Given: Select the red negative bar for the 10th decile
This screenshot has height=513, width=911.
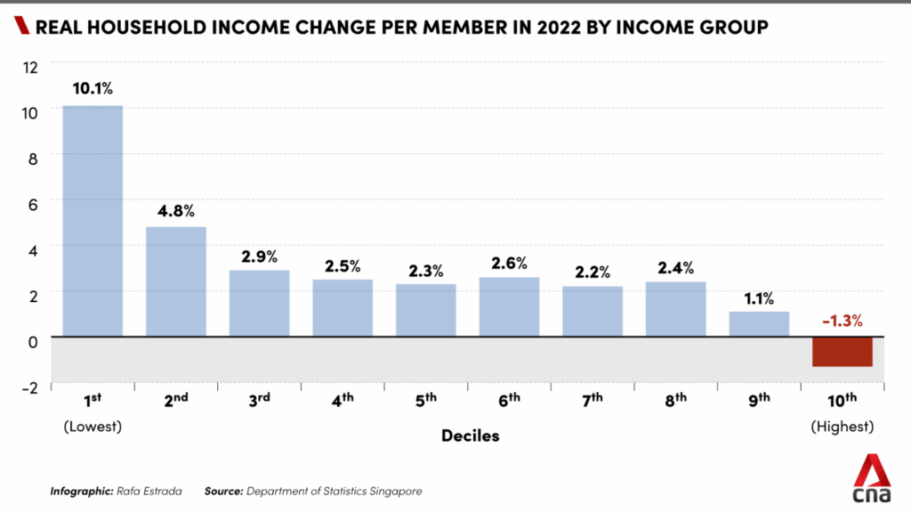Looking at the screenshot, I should click(x=842, y=352).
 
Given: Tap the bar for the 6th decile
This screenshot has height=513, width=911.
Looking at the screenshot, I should click(x=509, y=306).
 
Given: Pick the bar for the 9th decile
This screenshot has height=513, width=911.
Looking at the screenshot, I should click(x=759, y=324).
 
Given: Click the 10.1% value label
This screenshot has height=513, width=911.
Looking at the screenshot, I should click(x=93, y=88).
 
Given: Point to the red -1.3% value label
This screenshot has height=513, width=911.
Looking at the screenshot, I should click(x=842, y=321).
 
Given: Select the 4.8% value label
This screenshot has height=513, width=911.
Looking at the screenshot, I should click(x=175, y=211).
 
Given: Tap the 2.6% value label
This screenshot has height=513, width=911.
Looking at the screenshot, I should click(x=509, y=263).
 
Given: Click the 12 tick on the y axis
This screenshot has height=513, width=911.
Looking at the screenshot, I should click(x=31, y=66).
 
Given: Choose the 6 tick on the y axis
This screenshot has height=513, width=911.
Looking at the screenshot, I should click(x=32, y=203).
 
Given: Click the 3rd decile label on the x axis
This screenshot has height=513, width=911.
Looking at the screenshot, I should click(x=259, y=400).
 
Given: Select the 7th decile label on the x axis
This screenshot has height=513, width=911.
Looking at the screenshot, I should click(x=593, y=400).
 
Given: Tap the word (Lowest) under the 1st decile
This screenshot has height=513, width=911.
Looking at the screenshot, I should click(x=93, y=427).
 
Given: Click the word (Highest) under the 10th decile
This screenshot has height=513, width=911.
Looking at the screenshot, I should click(x=842, y=427).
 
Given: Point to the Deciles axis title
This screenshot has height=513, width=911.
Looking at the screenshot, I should click(x=470, y=436).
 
